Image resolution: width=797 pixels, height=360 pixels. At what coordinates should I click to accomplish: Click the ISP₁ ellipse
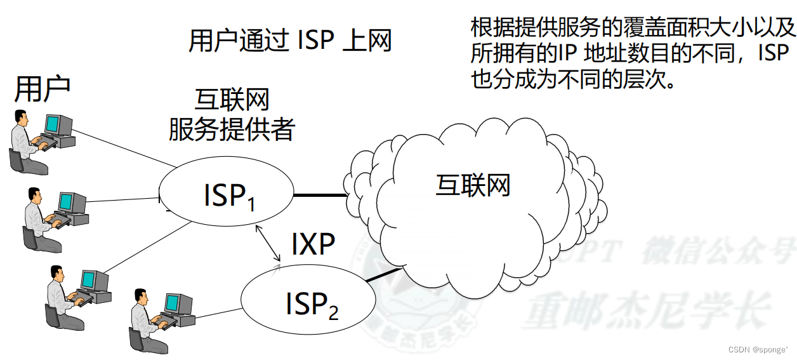coord(227,194)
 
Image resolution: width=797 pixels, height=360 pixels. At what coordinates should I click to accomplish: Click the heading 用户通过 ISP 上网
coord(290,41)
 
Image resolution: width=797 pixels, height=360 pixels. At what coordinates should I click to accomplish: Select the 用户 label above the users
coord(42,89)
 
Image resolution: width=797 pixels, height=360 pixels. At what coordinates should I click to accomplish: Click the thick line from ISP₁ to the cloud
coord(320,196)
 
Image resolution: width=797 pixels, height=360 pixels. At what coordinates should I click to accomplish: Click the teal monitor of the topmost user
coord(53,124)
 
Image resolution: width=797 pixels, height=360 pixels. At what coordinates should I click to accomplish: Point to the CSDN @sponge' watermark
coord(758,350)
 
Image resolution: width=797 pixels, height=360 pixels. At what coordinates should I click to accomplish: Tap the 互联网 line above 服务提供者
coord(232,100)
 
